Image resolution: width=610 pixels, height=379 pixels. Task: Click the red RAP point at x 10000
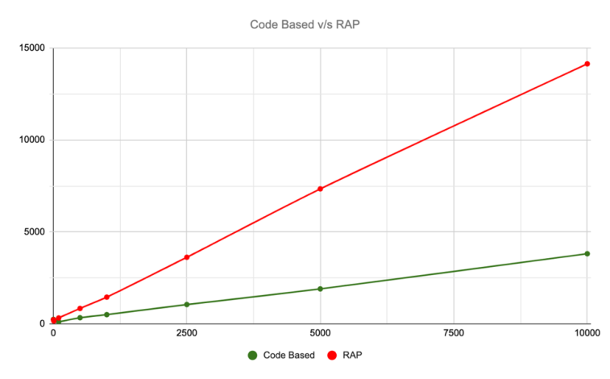pyautogui.click(x=587, y=64)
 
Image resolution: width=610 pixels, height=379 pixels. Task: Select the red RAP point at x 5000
pyautogui.click(x=321, y=189)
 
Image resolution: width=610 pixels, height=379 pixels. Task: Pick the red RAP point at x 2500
pyautogui.click(x=187, y=257)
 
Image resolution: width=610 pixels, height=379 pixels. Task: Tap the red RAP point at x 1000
pyautogui.click(x=106, y=297)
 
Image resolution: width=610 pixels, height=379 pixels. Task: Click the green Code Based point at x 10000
pyautogui.click(x=587, y=254)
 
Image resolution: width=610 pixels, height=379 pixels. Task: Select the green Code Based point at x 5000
pyautogui.click(x=321, y=289)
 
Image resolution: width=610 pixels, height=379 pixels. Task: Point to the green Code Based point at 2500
pyautogui.click(x=187, y=304)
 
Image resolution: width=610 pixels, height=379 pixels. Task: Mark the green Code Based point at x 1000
pyautogui.click(x=106, y=314)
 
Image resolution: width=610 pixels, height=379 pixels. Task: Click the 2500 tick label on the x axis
pyautogui.click(x=186, y=332)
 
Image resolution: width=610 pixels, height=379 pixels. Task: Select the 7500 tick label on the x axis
pyautogui.click(x=454, y=332)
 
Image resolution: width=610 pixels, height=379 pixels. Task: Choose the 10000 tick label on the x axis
pyautogui.click(x=587, y=332)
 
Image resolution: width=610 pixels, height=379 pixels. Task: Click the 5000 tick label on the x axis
pyautogui.click(x=321, y=332)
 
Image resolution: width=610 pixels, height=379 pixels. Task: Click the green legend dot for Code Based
pyautogui.click(x=252, y=355)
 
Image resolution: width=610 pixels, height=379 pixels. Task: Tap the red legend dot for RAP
pyautogui.click(x=331, y=355)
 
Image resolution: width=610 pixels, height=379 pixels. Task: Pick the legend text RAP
pyautogui.click(x=353, y=355)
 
